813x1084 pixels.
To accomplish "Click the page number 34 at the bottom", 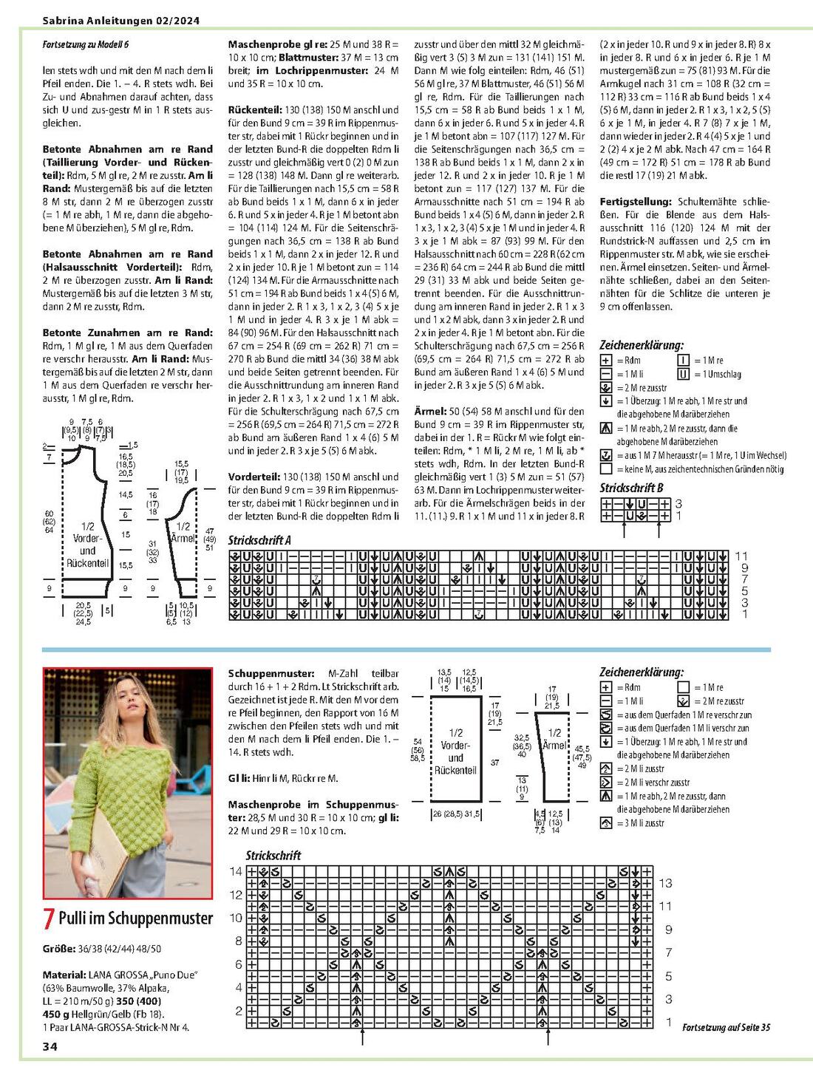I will click(50, 1046).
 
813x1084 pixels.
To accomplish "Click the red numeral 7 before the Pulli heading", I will click(49, 918).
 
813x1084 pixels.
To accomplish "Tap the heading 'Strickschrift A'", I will click(259, 540).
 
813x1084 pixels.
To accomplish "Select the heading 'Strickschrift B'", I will click(631, 488).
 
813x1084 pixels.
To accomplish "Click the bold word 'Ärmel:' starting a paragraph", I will click(430, 411).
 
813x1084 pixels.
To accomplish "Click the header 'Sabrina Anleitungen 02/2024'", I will click(121, 21).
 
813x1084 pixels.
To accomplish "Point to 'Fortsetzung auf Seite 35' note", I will click(726, 1027).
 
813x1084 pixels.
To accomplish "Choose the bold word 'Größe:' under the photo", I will click(58, 948).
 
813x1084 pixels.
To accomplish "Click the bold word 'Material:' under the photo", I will click(64, 975).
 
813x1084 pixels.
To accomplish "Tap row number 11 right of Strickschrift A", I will click(741, 556).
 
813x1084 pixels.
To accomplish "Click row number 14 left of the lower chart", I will click(236, 871).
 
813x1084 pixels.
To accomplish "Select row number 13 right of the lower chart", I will click(665, 883).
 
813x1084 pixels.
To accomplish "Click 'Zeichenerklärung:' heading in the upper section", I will click(642, 345).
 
